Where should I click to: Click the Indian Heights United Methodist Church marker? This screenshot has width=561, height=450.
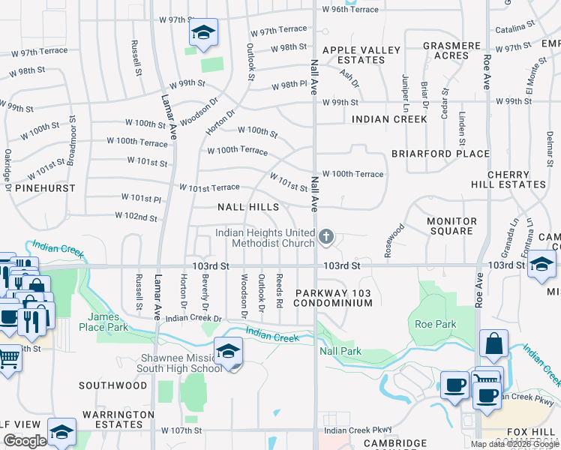click(325, 237)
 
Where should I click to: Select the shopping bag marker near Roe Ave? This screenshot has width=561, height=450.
click(494, 345)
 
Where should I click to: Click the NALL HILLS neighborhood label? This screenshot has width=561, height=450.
click(248, 207)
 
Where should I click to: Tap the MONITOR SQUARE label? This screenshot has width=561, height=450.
click(451, 226)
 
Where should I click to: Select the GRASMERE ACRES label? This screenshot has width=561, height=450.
click(451, 50)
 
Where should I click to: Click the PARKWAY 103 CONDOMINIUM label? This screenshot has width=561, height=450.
click(333, 298)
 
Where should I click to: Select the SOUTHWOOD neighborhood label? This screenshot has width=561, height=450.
click(113, 385)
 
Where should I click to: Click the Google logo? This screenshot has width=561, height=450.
click(25, 441)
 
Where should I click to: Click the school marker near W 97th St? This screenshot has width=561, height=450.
click(202, 32)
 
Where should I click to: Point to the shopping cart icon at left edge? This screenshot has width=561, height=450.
click(7, 357)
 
